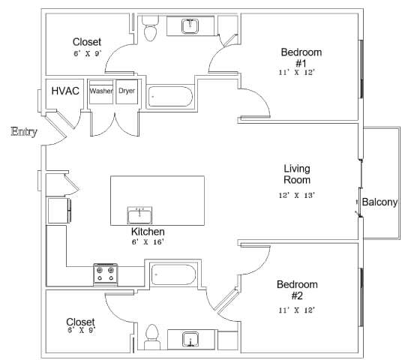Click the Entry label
pos(24,133)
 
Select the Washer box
pos(101,91)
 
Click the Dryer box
pos(127,91)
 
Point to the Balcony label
pos(379,202)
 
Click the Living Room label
pos(297,174)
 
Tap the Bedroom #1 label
pos(301,57)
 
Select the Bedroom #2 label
pos(297,290)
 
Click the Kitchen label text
pos(147,232)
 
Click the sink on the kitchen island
pos(139,215)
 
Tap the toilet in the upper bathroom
pos(151,29)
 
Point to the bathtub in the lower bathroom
pos(173,275)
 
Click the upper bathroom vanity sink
pos(190,27)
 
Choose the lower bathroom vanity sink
pos(191,340)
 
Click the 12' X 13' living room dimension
pos(297,195)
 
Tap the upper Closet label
pos(87,42)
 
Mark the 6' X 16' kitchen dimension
pos(147,242)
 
